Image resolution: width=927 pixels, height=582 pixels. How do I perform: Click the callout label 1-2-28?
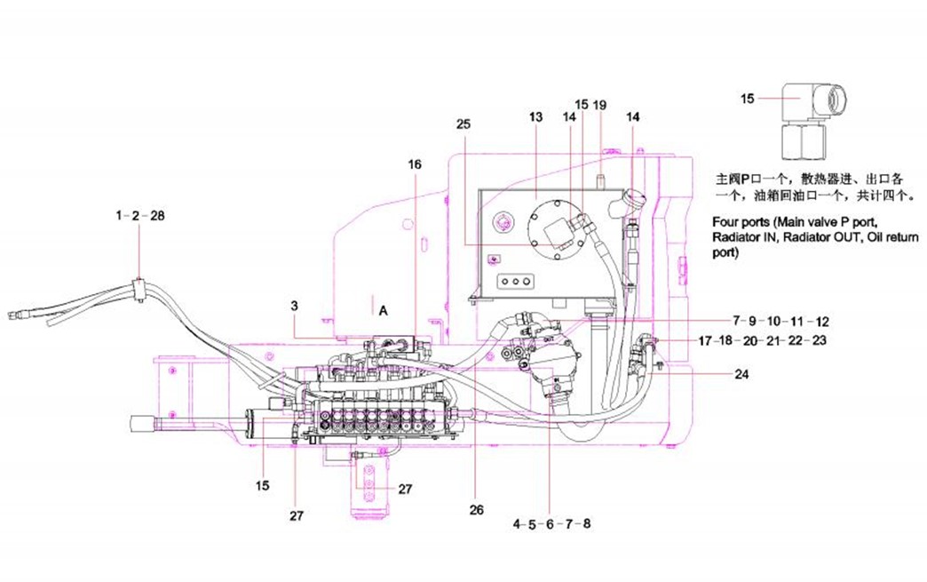pos(140,216)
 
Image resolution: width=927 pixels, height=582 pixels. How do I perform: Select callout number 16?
pos(415,164)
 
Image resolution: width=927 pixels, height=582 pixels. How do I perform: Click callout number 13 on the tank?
pos(535,116)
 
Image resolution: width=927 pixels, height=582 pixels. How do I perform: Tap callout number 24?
pos(741,374)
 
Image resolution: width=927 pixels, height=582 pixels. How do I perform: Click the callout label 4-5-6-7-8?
pos(551,524)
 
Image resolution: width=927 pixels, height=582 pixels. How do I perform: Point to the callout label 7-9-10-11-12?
pos(780,320)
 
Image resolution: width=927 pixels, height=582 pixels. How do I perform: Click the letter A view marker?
pos(383,310)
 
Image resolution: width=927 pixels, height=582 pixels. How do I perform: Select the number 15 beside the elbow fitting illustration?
pos(747,99)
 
